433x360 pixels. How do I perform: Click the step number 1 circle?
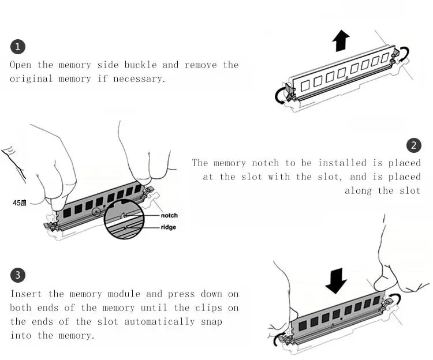click(18, 47)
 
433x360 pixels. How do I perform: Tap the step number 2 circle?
click(413, 145)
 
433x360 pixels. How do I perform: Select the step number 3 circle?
click(18, 275)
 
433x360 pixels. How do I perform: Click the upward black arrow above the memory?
click(341, 41)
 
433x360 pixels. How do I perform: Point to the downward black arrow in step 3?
click(335, 280)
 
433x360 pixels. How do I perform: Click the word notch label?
click(169, 215)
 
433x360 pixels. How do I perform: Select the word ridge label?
click(169, 227)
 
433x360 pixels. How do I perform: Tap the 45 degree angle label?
click(20, 203)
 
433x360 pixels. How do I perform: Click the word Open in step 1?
click(21, 65)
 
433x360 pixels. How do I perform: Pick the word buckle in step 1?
click(139, 65)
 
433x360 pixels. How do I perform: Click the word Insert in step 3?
click(27, 294)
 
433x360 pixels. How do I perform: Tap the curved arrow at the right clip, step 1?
click(402, 55)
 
